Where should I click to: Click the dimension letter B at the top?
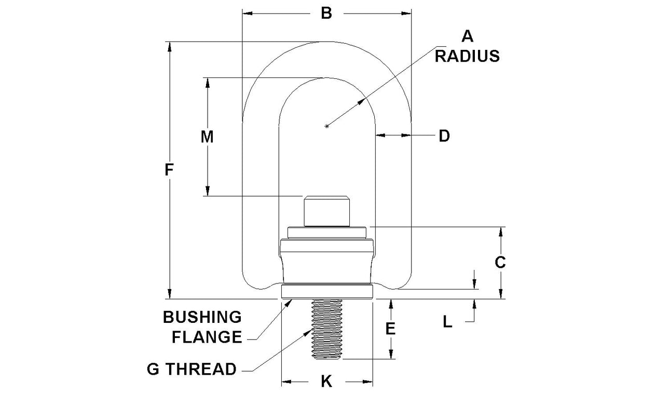[x=326, y=13]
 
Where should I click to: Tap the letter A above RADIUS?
[x=467, y=36]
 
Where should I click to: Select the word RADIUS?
[x=467, y=56]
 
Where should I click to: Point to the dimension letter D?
[x=444, y=136]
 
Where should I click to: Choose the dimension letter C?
[x=500, y=263]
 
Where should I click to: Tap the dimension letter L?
[x=447, y=322]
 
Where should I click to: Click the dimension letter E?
[x=391, y=329]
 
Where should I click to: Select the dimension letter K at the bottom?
[x=326, y=382]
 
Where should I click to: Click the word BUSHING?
[x=202, y=317]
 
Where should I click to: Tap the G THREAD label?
[x=192, y=370]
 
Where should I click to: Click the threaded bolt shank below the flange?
[x=327, y=330]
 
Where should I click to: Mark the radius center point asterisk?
[x=326, y=126]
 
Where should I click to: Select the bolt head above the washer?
[x=326, y=211]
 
